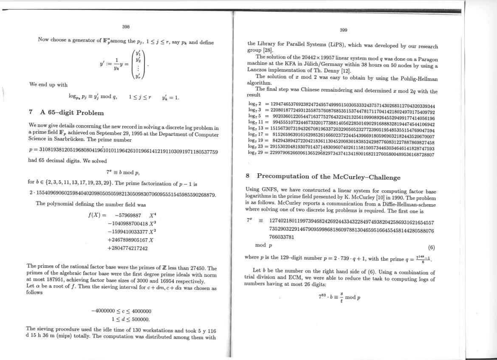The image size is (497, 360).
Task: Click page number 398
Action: pyautogui.click(x=126, y=27)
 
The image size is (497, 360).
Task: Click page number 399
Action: pyautogui.click(x=344, y=30)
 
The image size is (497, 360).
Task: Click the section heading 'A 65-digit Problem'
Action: pyautogui.click(x=72, y=112)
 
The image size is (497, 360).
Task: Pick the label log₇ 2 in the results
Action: pyautogui.click(x=254, y=104)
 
